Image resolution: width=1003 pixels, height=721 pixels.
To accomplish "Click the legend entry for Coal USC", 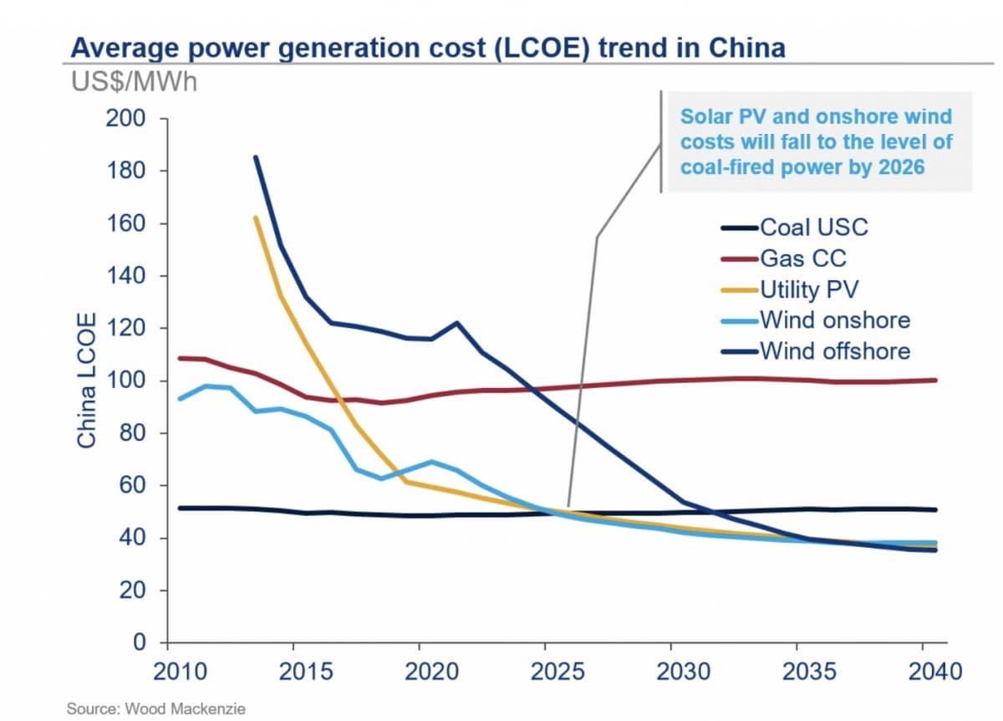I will [x=812, y=227].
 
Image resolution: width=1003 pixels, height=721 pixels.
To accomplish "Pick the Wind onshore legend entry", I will [x=833, y=320].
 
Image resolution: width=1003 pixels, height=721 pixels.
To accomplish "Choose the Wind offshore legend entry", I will [x=834, y=350].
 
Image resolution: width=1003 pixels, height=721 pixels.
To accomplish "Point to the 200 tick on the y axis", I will [x=126, y=119].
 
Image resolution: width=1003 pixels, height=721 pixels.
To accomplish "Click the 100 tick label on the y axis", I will [x=126, y=381].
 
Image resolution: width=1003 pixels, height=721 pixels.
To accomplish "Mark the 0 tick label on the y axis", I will [x=140, y=642].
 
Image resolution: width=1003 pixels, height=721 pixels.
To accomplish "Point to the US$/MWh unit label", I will [x=134, y=82].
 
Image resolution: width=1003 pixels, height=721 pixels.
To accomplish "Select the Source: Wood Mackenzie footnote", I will [x=156, y=708].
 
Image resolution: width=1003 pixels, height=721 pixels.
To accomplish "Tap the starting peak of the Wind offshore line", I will [x=256, y=157].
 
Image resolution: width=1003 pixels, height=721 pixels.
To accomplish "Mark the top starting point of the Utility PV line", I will [x=256, y=217].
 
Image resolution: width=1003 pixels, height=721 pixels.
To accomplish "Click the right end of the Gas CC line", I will [x=935, y=380].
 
